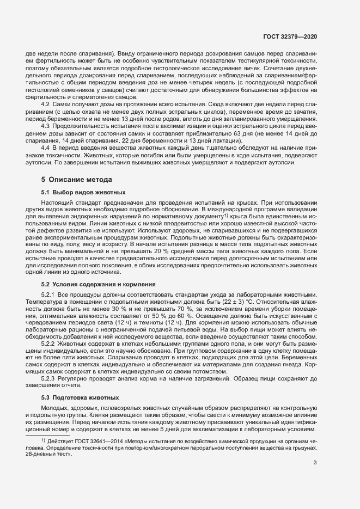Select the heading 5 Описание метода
pyautogui.click(x=77, y=179)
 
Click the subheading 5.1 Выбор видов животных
pyautogui.click(x=83, y=192)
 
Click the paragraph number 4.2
pyautogui.click(x=46, y=103)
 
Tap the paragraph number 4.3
pyautogui.click(x=46, y=126)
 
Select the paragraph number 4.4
pyautogui.click(x=46, y=149)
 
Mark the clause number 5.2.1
pyautogui.click(x=49, y=295)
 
